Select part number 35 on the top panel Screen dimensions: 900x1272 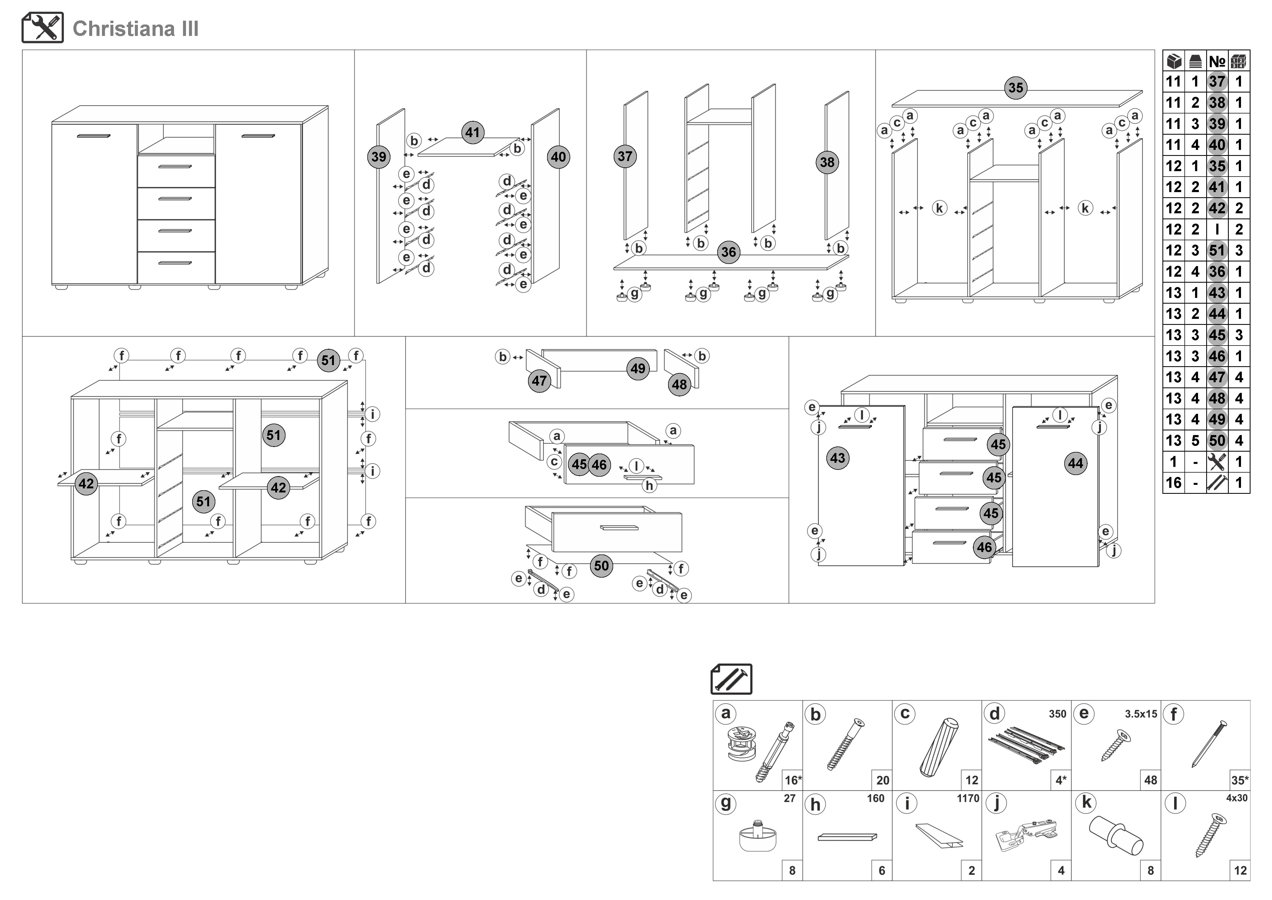point(1016,88)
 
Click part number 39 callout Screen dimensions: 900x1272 point(379,157)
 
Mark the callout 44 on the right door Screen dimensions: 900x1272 point(1075,463)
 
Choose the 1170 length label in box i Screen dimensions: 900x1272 point(968,799)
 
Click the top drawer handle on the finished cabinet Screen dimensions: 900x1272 point(175,166)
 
